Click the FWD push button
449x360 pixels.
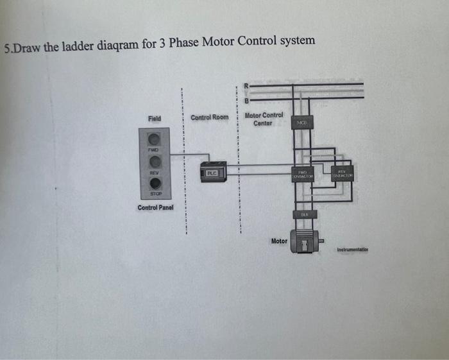pos(154,139)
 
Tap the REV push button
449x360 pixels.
pos(154,162)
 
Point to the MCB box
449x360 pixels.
pos(301,123)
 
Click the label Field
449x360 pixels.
pos(155,119)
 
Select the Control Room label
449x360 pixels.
pos(209,118)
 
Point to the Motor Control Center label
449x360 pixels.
pos(264,119)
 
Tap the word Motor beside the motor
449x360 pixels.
pos(279,241)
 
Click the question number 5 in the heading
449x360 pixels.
pos(6,48)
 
